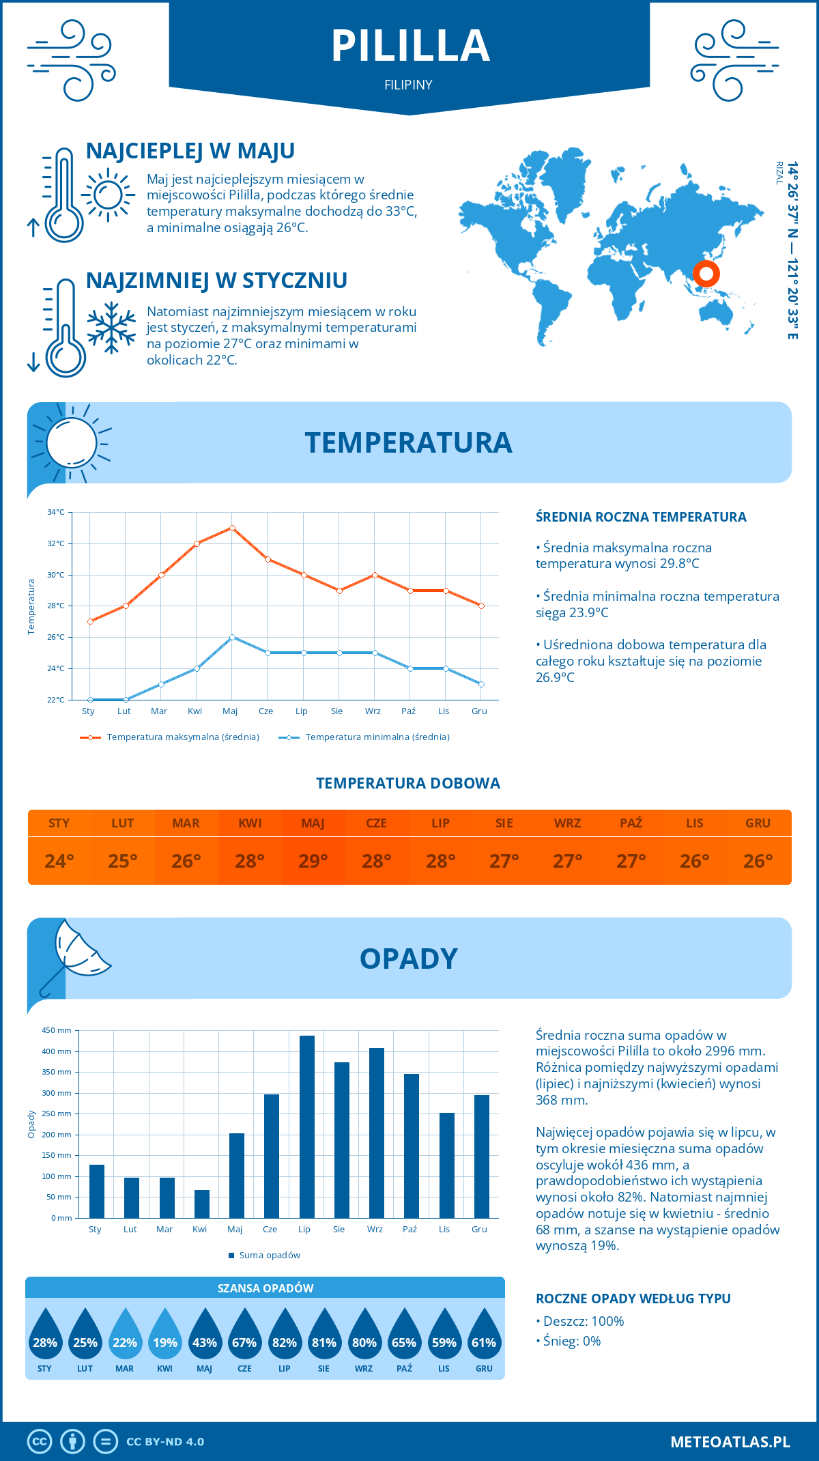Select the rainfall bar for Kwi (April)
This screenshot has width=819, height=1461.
pos(201,1204)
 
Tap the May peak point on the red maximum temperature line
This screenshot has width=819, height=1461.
pos(232,528)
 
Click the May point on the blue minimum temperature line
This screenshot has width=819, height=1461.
pos(232,637)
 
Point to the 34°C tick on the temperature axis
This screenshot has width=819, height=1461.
pos(56,512)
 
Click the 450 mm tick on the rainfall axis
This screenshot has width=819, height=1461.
pos(57,1030)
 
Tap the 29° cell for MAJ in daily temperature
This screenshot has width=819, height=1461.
pos(313,861)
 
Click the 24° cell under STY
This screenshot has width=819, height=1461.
pos(59,861)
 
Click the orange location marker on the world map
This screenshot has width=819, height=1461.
pos(706,274)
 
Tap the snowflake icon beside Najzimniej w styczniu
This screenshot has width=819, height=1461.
pos(111,328)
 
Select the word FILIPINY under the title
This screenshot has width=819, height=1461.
pos(408,85)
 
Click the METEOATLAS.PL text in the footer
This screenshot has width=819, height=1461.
pos(730,1441)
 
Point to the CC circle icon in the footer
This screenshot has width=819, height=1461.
pos(40,1441)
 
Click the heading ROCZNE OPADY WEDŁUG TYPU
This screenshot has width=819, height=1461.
pos(633,1299)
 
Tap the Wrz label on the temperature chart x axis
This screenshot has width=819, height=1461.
pos(373,711)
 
